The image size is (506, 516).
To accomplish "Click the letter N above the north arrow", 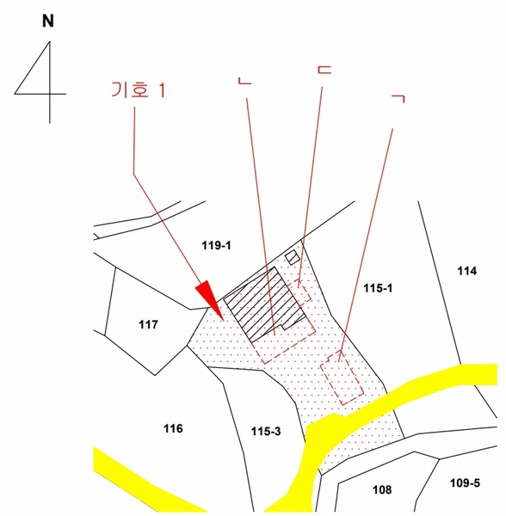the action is (48, 21).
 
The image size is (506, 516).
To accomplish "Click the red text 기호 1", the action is (138, 89).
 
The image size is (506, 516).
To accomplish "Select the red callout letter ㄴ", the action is (244, 81).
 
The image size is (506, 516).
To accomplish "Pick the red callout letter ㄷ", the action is (324, 69).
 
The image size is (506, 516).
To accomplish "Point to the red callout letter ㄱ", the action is (398, 99).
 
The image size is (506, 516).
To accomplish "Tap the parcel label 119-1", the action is (216, 245).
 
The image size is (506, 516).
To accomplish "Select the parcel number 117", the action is (148, 324).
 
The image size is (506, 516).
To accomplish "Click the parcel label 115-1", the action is (378, 288).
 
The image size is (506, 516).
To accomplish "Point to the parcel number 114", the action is (466, 271).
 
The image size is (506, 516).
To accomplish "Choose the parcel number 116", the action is (173, 428).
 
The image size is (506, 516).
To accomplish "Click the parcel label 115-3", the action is (266, 431).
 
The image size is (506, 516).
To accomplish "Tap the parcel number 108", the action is (382, 489).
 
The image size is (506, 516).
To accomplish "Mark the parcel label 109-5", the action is (465, 482).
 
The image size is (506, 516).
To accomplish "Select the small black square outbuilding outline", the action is (293, 257).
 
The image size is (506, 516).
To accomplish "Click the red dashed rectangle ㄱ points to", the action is (342, 378).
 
